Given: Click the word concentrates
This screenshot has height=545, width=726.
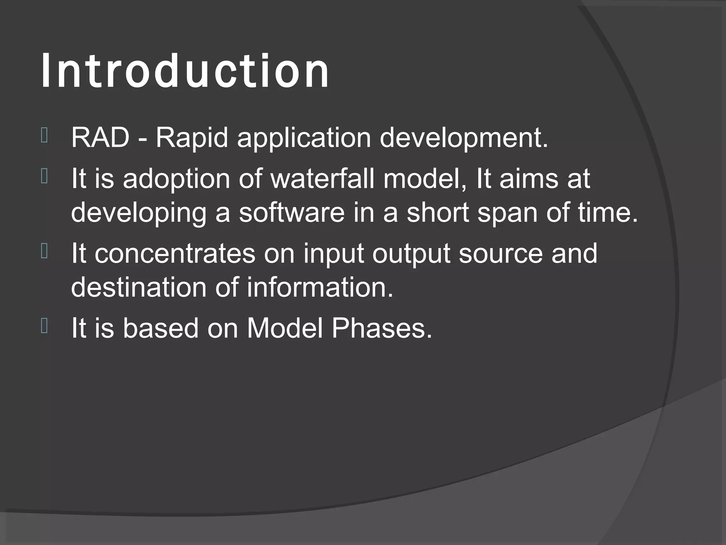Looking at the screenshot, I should tap(175, 253).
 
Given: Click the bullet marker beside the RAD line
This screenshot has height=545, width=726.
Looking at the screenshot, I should tap(44, 135).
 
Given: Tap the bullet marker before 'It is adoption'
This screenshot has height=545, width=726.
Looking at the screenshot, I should tap(44, 176).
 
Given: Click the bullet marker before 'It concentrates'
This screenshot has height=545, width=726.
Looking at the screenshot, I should tap(44, 251).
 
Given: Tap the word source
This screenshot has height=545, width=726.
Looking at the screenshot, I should tap(501, 253).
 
